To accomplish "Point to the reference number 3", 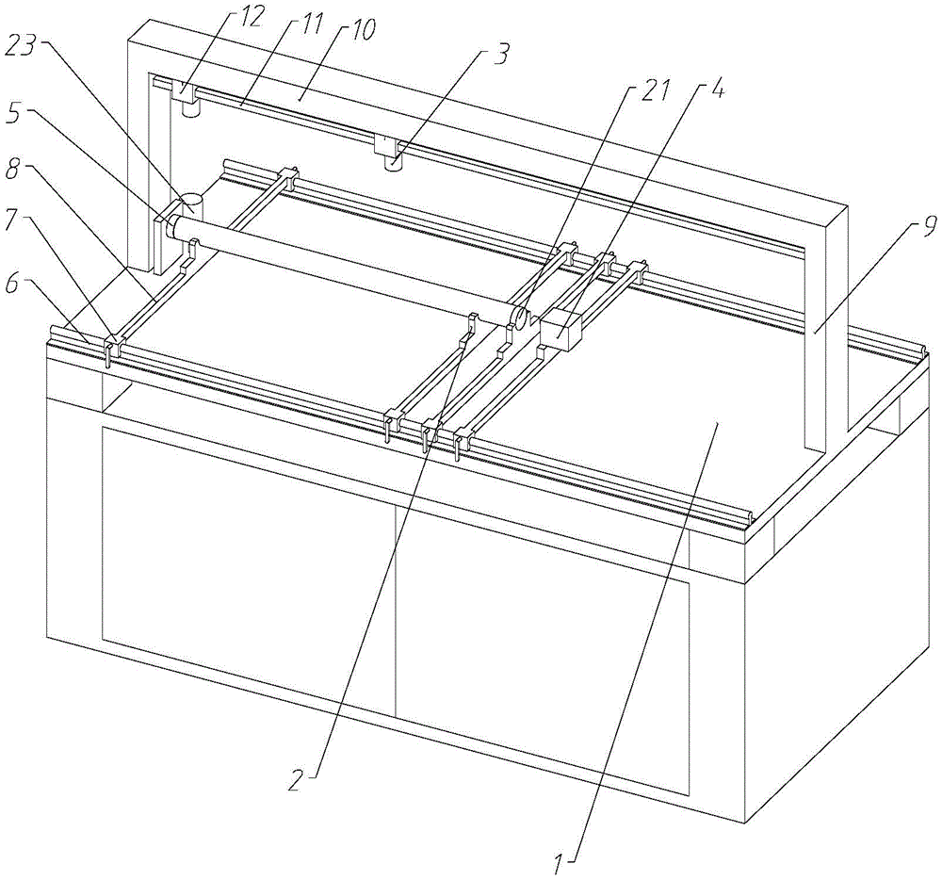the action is (x=505, y=55).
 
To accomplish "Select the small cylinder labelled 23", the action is (x=194, y=200).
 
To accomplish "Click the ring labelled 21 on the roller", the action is (x=518, y=317).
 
